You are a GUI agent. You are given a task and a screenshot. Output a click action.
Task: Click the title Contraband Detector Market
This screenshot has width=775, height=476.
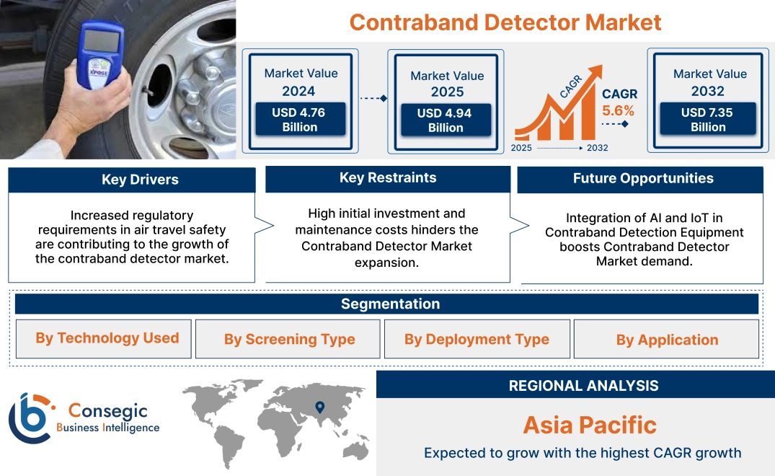(x=505, y=22)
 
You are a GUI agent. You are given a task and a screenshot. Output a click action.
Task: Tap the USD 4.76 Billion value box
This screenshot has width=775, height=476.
(x=299, y=119)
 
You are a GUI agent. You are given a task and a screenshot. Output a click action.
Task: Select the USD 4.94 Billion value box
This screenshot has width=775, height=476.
(x=446, y=120)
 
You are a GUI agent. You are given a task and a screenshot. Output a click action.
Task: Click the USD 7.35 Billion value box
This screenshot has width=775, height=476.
(x=708, y=119)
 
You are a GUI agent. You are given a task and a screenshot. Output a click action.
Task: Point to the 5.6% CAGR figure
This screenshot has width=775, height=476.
(x=618, y=111)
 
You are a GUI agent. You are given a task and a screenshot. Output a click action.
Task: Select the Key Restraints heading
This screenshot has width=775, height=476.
(x=388, y=177)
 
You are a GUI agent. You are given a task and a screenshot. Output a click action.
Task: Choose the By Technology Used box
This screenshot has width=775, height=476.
(x=107, y=338)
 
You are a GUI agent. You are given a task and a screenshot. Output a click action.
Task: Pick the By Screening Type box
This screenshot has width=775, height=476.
(x=289, y=339)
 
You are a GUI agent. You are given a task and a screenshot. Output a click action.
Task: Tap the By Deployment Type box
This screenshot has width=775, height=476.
(x=477, y=339)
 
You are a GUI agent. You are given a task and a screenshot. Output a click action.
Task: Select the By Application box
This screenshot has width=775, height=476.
(x=667, y=340)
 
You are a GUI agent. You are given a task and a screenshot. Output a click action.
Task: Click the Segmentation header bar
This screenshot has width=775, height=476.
(x=390, y=304)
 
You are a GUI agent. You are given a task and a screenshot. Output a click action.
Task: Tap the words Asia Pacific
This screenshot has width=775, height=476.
(x=589, y=424)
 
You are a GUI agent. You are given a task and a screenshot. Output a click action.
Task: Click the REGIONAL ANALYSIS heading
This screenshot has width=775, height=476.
(x=583, y=386)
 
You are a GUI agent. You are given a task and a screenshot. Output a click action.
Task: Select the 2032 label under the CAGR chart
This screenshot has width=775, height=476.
(x=597, y=148)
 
